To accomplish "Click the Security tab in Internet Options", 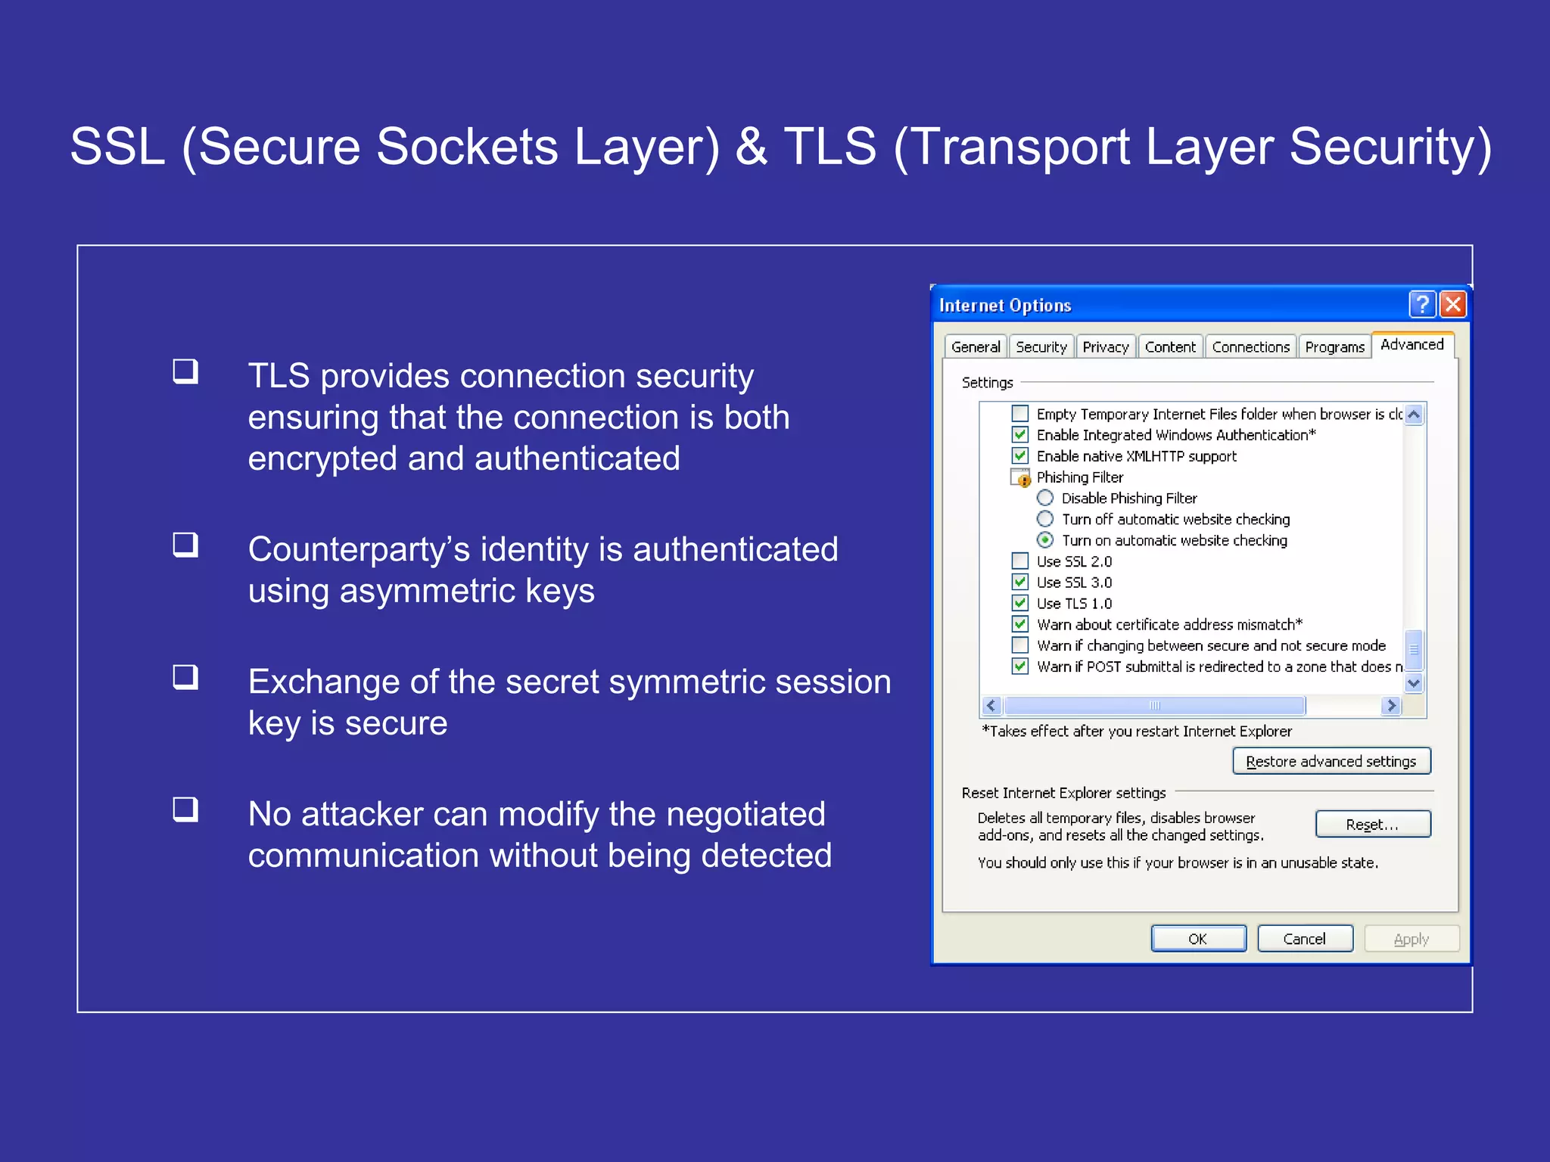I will (1041, 346).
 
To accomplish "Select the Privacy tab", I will (1105, 346).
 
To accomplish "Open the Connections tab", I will (1250, 346).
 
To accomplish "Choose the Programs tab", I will (1334, 346).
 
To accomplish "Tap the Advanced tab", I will (1411, 344).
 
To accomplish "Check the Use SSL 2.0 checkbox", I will (1020, 561).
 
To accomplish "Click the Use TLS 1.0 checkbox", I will (1020, 603).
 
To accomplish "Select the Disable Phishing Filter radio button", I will (1045, 498).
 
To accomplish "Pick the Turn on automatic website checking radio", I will (1045, 540).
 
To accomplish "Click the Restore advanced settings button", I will (1331, 761).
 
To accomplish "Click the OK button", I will (1198, 939).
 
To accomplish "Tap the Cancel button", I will (1304, 939).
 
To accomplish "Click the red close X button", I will (1453, 304).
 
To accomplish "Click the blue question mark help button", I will (1422, 304).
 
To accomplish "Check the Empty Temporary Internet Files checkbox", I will (1020, 414).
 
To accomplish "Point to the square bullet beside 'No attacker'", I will (185, 809).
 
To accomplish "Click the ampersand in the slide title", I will (752, 146).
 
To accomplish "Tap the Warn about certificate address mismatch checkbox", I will (1020, 624).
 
